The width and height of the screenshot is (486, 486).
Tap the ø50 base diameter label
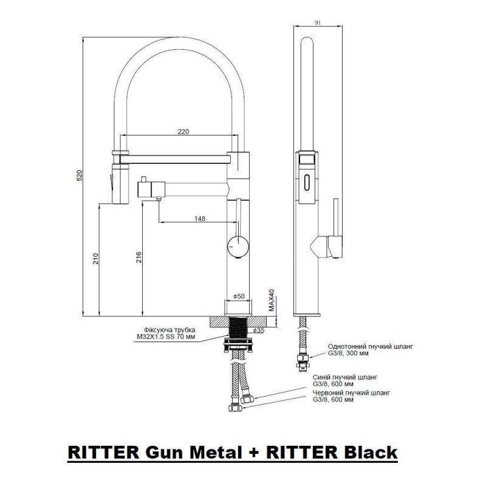pos(239,296)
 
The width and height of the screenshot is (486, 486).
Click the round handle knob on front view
pos(238,246)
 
